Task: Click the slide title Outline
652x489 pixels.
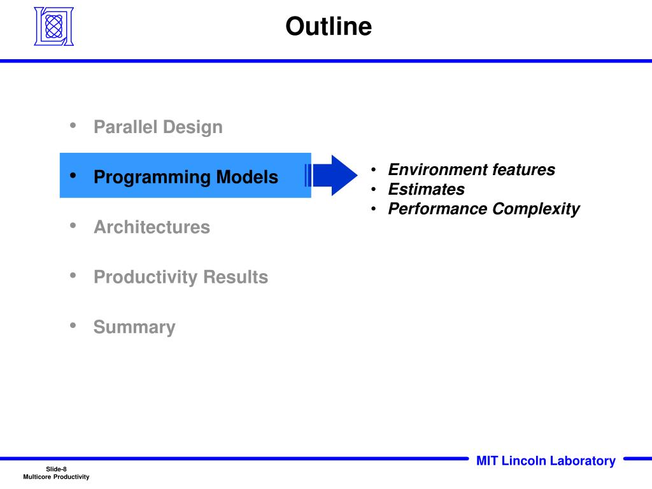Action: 329,26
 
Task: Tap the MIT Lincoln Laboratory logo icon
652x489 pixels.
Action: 54,26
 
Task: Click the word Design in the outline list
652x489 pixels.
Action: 193,127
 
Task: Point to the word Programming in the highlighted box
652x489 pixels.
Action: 152,178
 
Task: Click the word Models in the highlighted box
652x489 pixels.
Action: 247,177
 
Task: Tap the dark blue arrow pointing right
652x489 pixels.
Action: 335,175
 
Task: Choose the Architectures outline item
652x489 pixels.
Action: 152,227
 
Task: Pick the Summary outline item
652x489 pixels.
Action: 134,327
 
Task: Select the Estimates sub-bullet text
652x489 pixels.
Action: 426,189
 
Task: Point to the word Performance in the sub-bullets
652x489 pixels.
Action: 438,208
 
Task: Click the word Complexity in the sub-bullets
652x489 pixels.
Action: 536,209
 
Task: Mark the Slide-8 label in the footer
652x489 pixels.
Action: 56,469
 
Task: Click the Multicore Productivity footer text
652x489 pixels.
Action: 56,477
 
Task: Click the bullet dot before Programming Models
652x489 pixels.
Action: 73,176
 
